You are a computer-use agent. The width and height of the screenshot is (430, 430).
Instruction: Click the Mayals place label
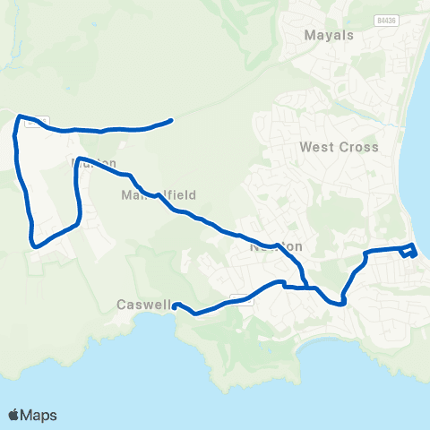tap(330, 36)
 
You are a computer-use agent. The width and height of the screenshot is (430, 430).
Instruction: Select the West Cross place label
tap(340, 147)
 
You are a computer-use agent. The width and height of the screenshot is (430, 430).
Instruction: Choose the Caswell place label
tap(142, 305)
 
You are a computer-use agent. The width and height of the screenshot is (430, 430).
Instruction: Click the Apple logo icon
tap(14, 415)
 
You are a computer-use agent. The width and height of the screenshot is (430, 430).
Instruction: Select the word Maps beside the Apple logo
tap(39, 415)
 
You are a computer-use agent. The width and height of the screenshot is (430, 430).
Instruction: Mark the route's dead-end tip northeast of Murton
tap(171, 120)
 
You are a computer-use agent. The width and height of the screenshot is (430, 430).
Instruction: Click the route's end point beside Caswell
tap(175, 305)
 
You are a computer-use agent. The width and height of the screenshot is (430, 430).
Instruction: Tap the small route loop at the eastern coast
tap(409, 251)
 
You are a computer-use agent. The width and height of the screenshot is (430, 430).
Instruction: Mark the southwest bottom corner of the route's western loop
tap(34, 244)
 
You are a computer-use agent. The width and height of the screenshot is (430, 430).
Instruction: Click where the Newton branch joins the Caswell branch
tap(307, 288)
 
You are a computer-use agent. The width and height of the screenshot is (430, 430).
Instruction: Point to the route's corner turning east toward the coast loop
tap(365, 253)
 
